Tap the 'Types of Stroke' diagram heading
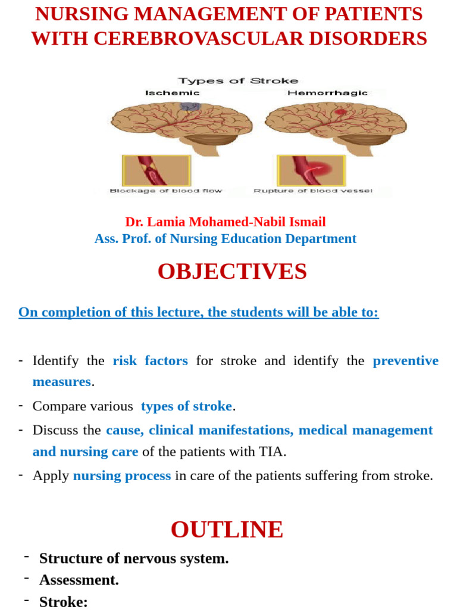[x=238, y=80]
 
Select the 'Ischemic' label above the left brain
[x=173, y=93]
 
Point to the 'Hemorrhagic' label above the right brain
[x=327, y=93]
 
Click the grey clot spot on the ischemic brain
[x=190, y=106]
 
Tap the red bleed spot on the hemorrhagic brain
[x=341, y=111]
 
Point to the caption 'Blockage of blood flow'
[x=165, y=191]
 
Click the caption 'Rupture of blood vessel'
[x=314, y=191]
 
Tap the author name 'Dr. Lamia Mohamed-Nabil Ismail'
[x=226, y=222]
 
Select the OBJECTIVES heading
[x=232, y=272]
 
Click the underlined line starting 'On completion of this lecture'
[x=198, y=312]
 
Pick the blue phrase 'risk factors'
[x=150, y=360]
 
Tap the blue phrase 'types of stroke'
[x=186, y=406]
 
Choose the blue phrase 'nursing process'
[x=122, y=475]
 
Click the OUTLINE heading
[x=227, y=530]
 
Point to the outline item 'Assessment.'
[x=79, y=580]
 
